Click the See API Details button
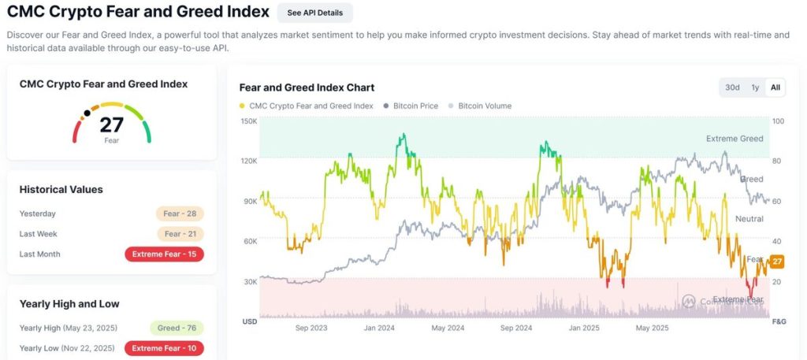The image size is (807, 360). (314, 13)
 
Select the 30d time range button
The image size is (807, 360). (732, 87)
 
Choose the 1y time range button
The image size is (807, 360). (755, 87)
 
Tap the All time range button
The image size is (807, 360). (775, 87)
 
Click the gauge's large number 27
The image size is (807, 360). (111, 124)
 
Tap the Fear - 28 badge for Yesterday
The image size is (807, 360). (180, 213)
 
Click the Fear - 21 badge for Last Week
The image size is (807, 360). (180, 234)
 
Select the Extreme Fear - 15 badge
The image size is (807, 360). (165, 254)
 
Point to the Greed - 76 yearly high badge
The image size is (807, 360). (177, 328)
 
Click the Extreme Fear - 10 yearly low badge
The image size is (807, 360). (165, 348)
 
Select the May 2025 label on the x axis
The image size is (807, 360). (652, 328)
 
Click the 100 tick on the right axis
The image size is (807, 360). (778, 121)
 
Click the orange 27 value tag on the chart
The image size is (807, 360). (776, 262)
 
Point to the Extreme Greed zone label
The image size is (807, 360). (734, 139)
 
